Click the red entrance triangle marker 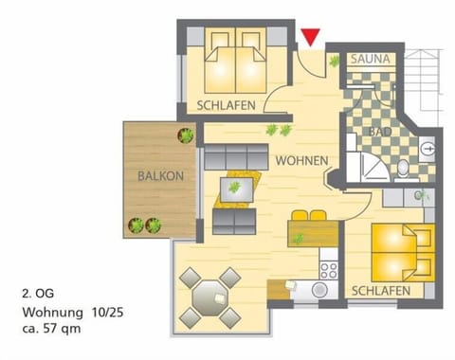(310, 38)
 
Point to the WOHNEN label (302, 161)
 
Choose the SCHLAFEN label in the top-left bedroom (226, 105)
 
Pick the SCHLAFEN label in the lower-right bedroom (380, 290)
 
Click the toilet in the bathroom (404, 168)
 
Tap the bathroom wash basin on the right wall (427, 148)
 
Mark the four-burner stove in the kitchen (328, 268)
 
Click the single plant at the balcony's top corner (186, 135)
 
